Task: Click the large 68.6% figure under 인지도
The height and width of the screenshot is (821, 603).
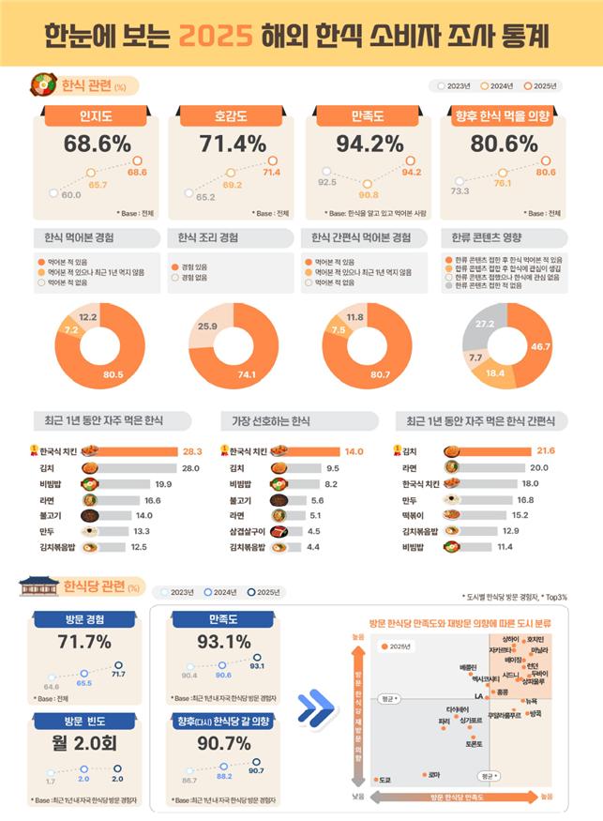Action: (97, 144)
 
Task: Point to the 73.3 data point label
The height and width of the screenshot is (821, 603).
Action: (460, 190)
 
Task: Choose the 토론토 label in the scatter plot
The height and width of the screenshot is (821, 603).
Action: (475, 743)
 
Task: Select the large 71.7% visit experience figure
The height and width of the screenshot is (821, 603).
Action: (85, 643)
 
